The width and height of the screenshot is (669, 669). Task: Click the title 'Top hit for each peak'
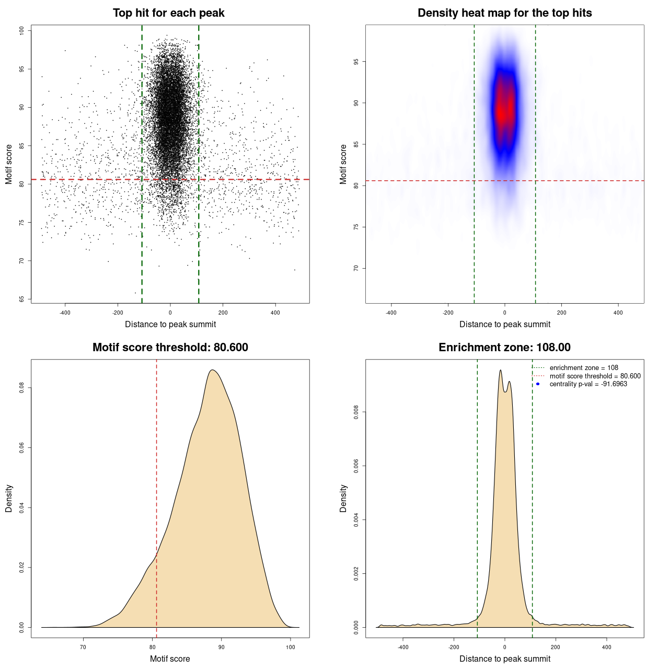[168, 13]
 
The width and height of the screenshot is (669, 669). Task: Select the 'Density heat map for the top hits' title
[504, 13]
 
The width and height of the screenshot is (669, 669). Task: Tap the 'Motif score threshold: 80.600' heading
[170, 348]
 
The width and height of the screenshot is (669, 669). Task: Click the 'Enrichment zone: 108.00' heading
[504, 348]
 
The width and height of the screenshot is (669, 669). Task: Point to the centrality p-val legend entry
[588, 384]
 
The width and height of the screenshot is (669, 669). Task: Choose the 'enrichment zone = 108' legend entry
[583, 368]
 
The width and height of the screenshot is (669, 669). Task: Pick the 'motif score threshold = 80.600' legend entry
[595, 376]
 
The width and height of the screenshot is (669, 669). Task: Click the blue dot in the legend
[538, 384]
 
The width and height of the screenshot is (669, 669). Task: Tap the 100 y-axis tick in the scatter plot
[22, 31]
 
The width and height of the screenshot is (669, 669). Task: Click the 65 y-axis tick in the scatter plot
[22, 299]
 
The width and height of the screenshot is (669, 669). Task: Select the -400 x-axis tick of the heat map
[391, 313]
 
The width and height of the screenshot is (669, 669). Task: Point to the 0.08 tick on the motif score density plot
[22, 388]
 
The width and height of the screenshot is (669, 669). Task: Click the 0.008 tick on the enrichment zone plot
[356, 412]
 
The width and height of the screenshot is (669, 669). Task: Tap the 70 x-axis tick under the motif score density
[83, 647]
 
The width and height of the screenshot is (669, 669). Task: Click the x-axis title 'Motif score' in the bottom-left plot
[170, 659]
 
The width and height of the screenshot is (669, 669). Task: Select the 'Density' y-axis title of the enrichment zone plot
[343, 498]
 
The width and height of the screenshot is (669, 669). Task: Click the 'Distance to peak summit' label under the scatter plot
[170, 324]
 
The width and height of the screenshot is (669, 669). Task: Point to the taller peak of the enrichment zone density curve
[500, 371]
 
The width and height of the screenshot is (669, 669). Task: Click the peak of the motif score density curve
[212, 370]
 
